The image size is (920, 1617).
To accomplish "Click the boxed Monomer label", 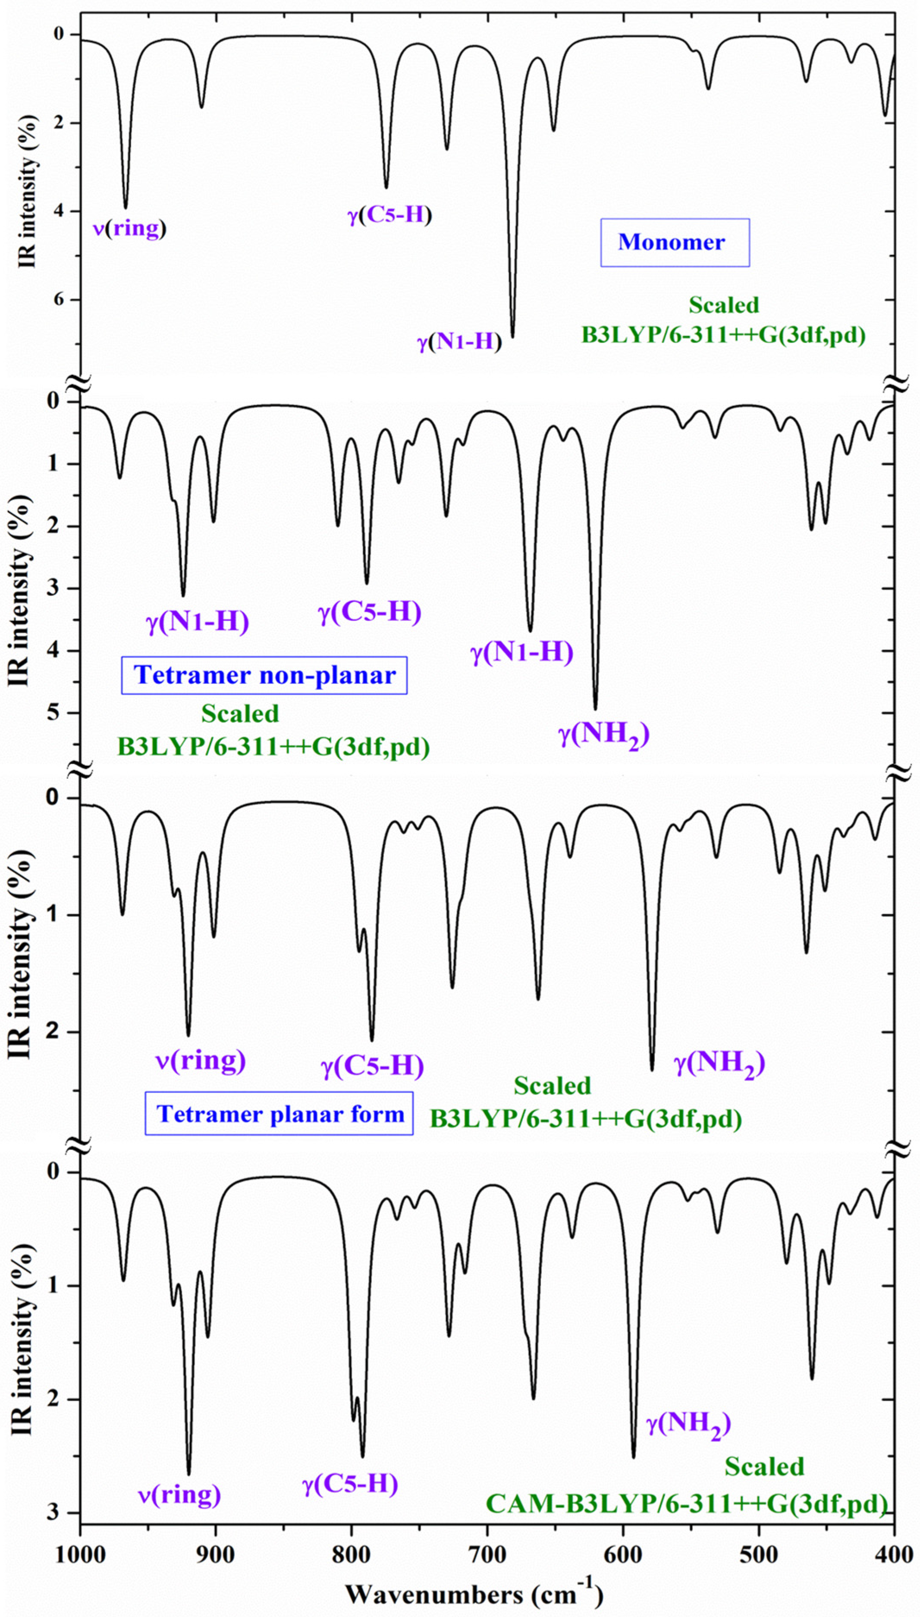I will tap(674, 242).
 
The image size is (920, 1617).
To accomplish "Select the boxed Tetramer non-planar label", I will tap(264, 676).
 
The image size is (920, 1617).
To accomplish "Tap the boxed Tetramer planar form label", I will tap(279, 1114).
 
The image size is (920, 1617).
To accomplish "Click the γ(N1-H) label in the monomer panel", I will tap(459, 342).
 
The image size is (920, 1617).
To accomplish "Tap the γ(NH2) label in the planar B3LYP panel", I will tap(720, 1063).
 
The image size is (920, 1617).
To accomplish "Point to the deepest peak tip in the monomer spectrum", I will tap(512, 337).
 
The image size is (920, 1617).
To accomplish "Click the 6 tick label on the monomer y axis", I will tap(58, 299).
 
